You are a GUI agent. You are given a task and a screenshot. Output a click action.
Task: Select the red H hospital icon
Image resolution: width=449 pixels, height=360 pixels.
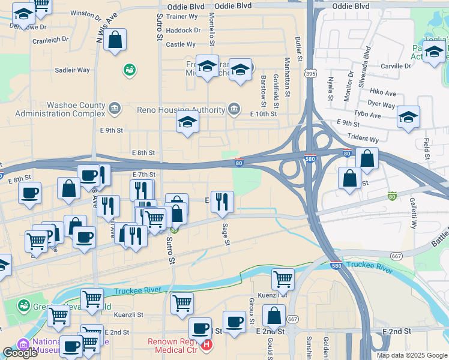coord(207,345)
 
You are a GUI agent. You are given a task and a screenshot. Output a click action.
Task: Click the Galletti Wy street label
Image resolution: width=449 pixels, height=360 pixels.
coord(413,213)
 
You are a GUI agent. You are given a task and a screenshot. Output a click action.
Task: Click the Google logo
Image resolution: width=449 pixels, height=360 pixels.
coord(20,353)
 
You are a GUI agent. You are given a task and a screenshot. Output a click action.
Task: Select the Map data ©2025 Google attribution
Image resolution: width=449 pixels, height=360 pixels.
coord(411,355)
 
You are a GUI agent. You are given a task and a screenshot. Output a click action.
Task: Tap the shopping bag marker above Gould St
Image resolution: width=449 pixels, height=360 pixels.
coord(274,316)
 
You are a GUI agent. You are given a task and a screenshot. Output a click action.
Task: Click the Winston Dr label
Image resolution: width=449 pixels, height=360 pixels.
coord(86,13)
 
